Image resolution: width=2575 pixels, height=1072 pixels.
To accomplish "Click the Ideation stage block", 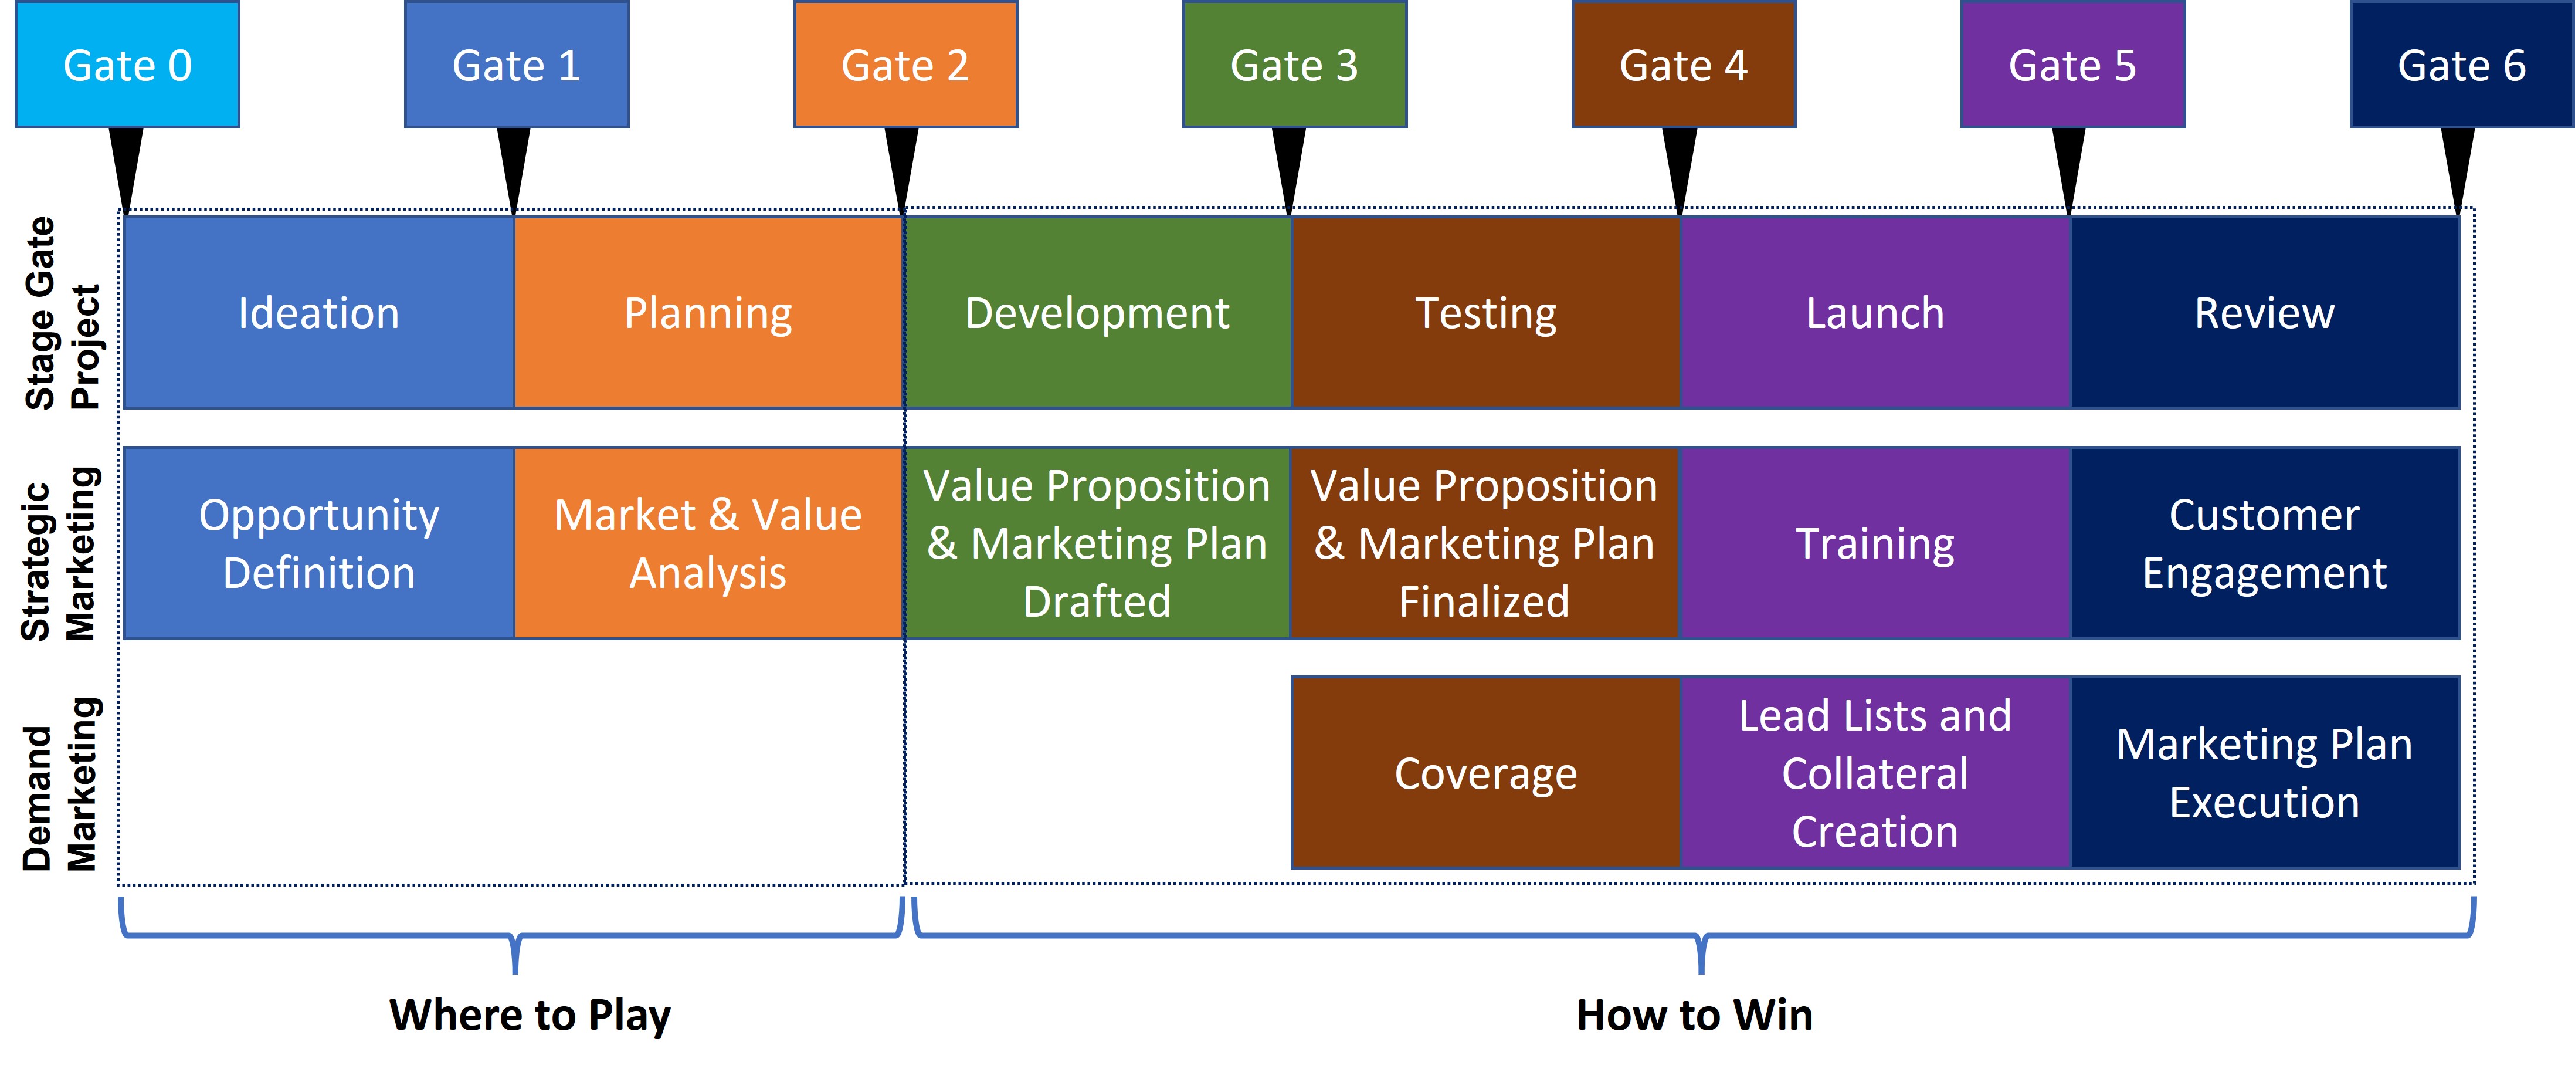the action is click(319, 313).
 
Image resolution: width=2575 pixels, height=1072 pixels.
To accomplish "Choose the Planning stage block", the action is click(709, 313).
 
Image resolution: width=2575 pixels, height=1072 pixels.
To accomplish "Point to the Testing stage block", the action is click(1485, 313).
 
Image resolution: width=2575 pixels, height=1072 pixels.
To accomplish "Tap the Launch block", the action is click(1875, 313).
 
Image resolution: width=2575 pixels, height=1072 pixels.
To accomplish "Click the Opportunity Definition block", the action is click(319, 543).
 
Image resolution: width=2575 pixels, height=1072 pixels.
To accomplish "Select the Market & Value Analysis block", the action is click(709, 543).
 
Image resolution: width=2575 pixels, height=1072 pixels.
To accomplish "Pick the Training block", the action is click(1875, 543).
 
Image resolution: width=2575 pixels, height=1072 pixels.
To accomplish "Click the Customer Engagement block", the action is click(2264, 543).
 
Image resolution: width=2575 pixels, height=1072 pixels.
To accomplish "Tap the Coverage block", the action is click(1485, 773).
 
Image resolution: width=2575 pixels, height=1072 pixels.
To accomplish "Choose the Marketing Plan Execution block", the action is click(2264, 773).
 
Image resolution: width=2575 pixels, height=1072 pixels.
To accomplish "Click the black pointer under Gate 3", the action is click(1288, 171).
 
